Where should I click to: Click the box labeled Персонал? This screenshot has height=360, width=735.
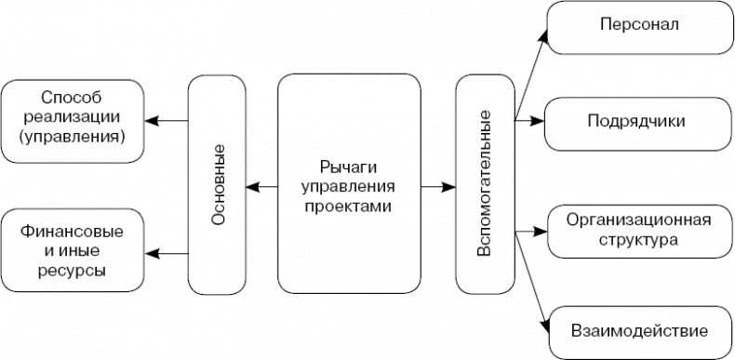pyautogui.click(x=638, y=26)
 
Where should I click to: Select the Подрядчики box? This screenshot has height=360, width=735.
pyautogui.click(x=638, y=122)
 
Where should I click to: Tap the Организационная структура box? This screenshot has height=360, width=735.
pyautogui.click(x=638, y=231)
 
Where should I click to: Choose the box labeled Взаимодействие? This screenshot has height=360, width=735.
pyautogui.click(x=638, y=330)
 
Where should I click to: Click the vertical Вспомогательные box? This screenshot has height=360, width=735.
pyautogui.click(x=485, y=183)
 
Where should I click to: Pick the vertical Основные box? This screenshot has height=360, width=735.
pyautogui.click(x=218, y=183)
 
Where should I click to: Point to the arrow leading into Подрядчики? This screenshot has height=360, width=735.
pyautogui.click(x=528, y=120)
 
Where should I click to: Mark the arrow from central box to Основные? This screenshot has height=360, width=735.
pyautogui.click(x=263, y=190)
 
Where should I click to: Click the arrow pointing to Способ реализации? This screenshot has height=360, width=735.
pyautogui.click(x=167, y=120)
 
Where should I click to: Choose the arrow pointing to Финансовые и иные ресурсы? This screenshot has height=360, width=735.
pyautogui.click(x=167, y=251)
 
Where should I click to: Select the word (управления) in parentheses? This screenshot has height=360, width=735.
pyautogui.click(x=73, y=137)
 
